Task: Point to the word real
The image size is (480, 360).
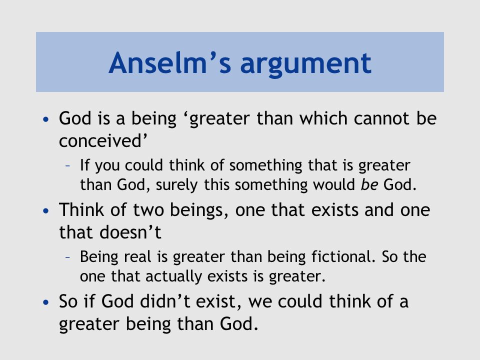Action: click(x=137, y=256)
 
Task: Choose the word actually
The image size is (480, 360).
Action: click(x=173, y=276)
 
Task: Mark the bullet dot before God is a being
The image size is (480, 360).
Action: click(x=46, y=119)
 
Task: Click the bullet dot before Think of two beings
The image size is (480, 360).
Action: click(x=46, y=210)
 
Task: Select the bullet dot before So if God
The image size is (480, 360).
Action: click(x=46, y=302)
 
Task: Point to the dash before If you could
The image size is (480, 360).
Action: click(x=68, y=166)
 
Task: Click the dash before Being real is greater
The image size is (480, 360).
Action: click(x=68, y=257)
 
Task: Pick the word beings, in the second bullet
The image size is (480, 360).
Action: click(x=199, y=210)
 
